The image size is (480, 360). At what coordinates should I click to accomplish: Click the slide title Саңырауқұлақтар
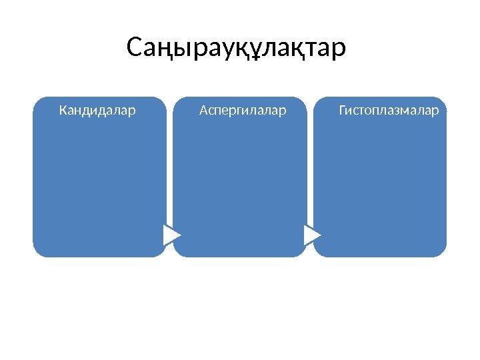236,49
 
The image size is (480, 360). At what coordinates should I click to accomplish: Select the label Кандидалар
97,109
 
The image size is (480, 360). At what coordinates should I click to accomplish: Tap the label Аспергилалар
243,109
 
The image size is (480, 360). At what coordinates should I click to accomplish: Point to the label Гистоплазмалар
389,109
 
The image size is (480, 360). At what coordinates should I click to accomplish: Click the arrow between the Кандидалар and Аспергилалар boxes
171,235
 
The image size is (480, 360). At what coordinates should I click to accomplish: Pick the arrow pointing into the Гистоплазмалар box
311,235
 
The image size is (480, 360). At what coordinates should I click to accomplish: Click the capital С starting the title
134,48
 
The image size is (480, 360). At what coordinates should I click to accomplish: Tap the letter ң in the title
164,50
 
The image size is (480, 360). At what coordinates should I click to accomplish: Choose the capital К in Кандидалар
63,109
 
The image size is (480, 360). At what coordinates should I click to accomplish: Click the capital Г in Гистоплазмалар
343,109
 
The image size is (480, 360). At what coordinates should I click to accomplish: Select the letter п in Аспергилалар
218,110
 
